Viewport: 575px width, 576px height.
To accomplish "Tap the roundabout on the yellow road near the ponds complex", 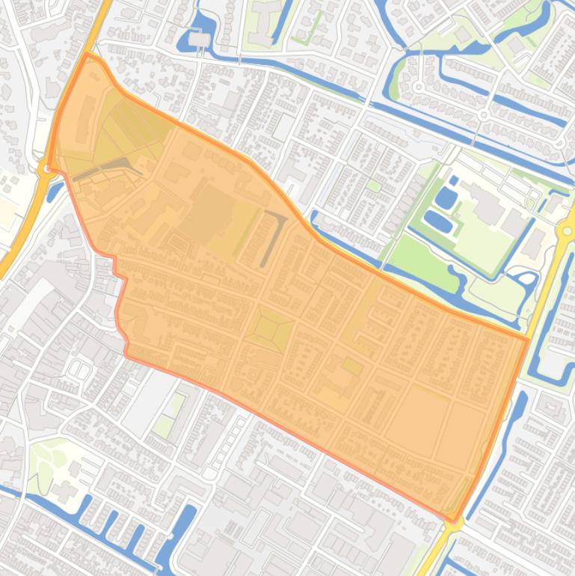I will [568, 231].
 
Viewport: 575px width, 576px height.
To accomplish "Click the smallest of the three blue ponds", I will [454, 181].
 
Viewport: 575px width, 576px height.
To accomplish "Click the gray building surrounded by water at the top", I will [200, 39].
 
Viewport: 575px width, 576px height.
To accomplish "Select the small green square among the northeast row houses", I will [374, 186].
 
